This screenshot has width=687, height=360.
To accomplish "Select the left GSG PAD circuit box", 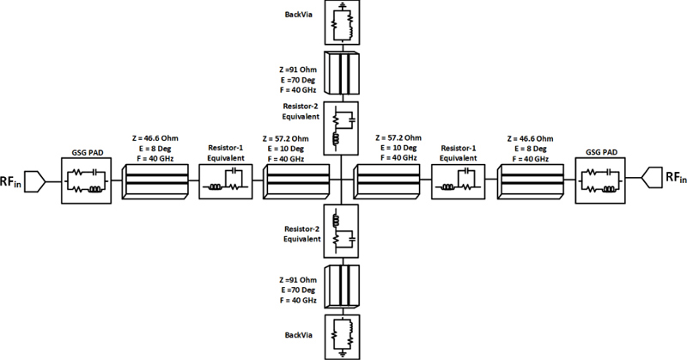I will click(x=86, y=180).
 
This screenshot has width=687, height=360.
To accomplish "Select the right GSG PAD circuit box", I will click(x=599, y=180).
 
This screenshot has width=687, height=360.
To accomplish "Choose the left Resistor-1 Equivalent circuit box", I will click(x=227, y=181).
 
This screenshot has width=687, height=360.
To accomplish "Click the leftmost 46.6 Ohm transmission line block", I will click(x=156, y=180).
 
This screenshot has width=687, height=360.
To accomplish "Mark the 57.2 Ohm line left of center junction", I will click(x=297, y=180).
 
